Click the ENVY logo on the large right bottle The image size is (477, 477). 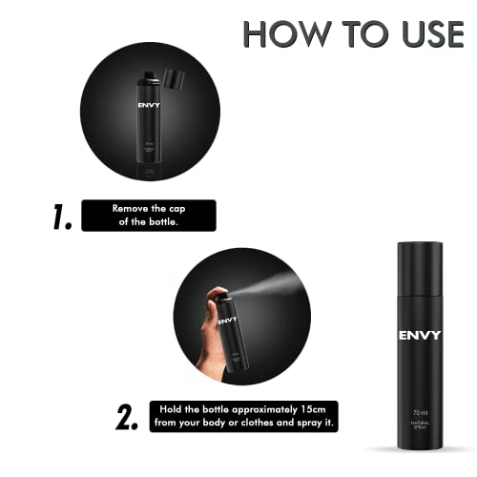tap(419, 335)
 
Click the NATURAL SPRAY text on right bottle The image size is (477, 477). tap(419, 428)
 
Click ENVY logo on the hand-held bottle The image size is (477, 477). tap(227, 321)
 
